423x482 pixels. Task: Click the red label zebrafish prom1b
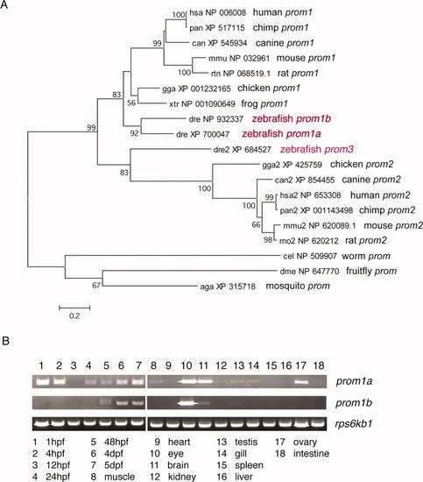pos(292,118)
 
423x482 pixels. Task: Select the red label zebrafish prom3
pos(317,149)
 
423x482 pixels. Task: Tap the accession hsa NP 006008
pos(217,12)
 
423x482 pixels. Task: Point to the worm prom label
pos(366,256)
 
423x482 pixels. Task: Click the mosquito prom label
pos(298,286)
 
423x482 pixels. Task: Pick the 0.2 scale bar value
pos(74,315)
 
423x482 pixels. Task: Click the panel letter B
pos(5,341)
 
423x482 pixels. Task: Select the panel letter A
pos(4,5)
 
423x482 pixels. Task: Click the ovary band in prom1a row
pos(301,382)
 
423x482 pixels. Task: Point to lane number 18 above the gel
pos(319,365)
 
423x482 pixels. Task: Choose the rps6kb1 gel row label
pos(354,424)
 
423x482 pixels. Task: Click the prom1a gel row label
pos(354,381)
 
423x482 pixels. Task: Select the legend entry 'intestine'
pos(311,453)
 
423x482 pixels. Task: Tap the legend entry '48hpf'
pos(116,442)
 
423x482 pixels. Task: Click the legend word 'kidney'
pos(182,477)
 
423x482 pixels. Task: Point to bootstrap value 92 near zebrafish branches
pos(134,133)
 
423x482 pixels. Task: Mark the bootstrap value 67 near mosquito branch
pos(96,286)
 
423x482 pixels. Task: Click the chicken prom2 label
pos(362,165)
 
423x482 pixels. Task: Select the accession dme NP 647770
pos(309,271)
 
